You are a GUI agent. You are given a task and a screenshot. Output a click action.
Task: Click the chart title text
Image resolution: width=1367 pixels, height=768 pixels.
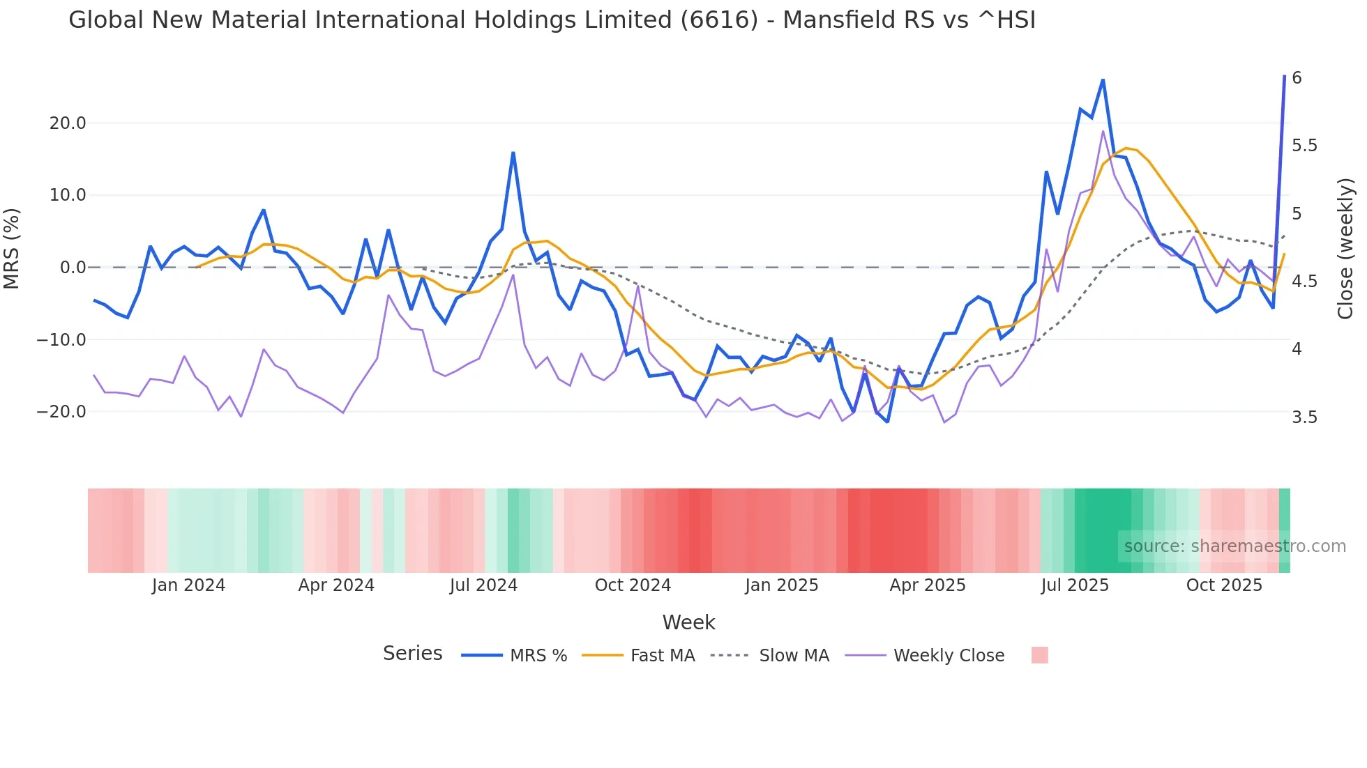[552, 20]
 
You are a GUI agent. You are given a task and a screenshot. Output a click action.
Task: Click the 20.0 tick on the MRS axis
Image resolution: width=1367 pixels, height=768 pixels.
[68, 123]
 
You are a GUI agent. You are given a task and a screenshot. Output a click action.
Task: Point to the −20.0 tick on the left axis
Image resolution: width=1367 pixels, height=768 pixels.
[61, 412]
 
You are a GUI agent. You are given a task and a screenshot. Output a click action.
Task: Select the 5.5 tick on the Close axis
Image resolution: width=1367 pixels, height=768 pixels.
[1304, 146]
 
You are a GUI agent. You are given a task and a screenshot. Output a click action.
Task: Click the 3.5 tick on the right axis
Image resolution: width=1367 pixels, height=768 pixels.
[1304, 417]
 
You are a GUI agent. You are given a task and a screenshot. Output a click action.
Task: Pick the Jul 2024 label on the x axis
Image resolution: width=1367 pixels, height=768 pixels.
[483, 585]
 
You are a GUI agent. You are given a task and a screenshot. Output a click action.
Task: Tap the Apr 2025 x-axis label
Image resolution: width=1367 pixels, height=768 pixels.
[927, 585]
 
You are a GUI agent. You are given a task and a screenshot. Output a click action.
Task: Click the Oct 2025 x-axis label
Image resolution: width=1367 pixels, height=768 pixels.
[1224, 585]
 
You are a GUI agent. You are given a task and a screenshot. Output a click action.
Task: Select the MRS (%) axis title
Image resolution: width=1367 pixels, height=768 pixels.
[12, 249]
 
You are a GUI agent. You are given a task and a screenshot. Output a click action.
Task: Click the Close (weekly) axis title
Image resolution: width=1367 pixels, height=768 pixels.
[1345, 249]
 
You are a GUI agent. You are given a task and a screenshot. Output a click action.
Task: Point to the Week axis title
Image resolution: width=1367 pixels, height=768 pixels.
[688, 622]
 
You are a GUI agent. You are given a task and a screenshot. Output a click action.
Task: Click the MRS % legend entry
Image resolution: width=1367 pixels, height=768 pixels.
[515, 656]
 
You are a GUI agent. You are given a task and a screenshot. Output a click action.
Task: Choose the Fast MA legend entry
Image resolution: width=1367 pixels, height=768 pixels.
[638, 656]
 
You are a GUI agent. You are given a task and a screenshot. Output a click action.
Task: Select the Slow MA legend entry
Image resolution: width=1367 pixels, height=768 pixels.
[770, 656]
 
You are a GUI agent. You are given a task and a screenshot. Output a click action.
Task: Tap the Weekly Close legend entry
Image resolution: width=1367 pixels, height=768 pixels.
[925, 656]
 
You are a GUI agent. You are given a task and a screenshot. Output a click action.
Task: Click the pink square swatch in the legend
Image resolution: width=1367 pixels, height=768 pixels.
[1039, 655]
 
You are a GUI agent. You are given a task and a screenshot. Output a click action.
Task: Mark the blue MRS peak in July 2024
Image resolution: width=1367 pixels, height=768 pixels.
[513, 153]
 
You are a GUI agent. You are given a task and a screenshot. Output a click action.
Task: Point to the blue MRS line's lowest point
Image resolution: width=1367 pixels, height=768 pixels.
[888, 422]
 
